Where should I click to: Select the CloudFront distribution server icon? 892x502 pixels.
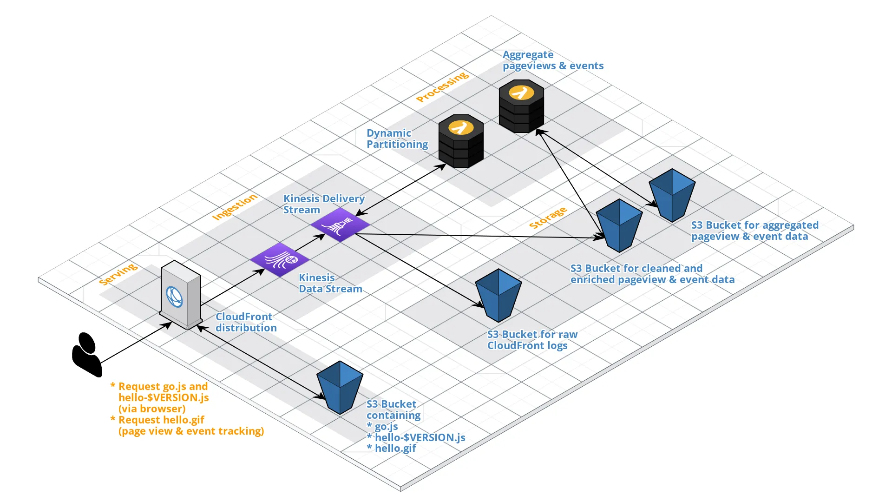point(181,296)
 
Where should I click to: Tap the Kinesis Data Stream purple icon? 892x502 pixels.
point(280,259)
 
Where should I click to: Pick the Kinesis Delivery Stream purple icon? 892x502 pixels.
point(340,225)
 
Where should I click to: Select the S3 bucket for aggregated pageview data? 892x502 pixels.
point(672,195)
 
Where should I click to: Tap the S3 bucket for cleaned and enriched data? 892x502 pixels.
point(619,226)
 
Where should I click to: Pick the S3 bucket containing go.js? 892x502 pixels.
point(340,388)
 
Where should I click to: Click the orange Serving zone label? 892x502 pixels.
point(118,274)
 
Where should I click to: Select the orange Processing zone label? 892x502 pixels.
point(442,86)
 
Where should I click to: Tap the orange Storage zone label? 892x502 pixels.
point(548,218)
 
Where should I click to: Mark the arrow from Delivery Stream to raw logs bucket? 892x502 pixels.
point(418,270)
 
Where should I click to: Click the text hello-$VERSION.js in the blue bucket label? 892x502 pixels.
point(420,437)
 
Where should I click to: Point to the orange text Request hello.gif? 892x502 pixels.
point(161,420)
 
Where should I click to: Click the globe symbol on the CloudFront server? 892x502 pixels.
point(174,297)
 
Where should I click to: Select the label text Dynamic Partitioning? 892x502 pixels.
point(397,139)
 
